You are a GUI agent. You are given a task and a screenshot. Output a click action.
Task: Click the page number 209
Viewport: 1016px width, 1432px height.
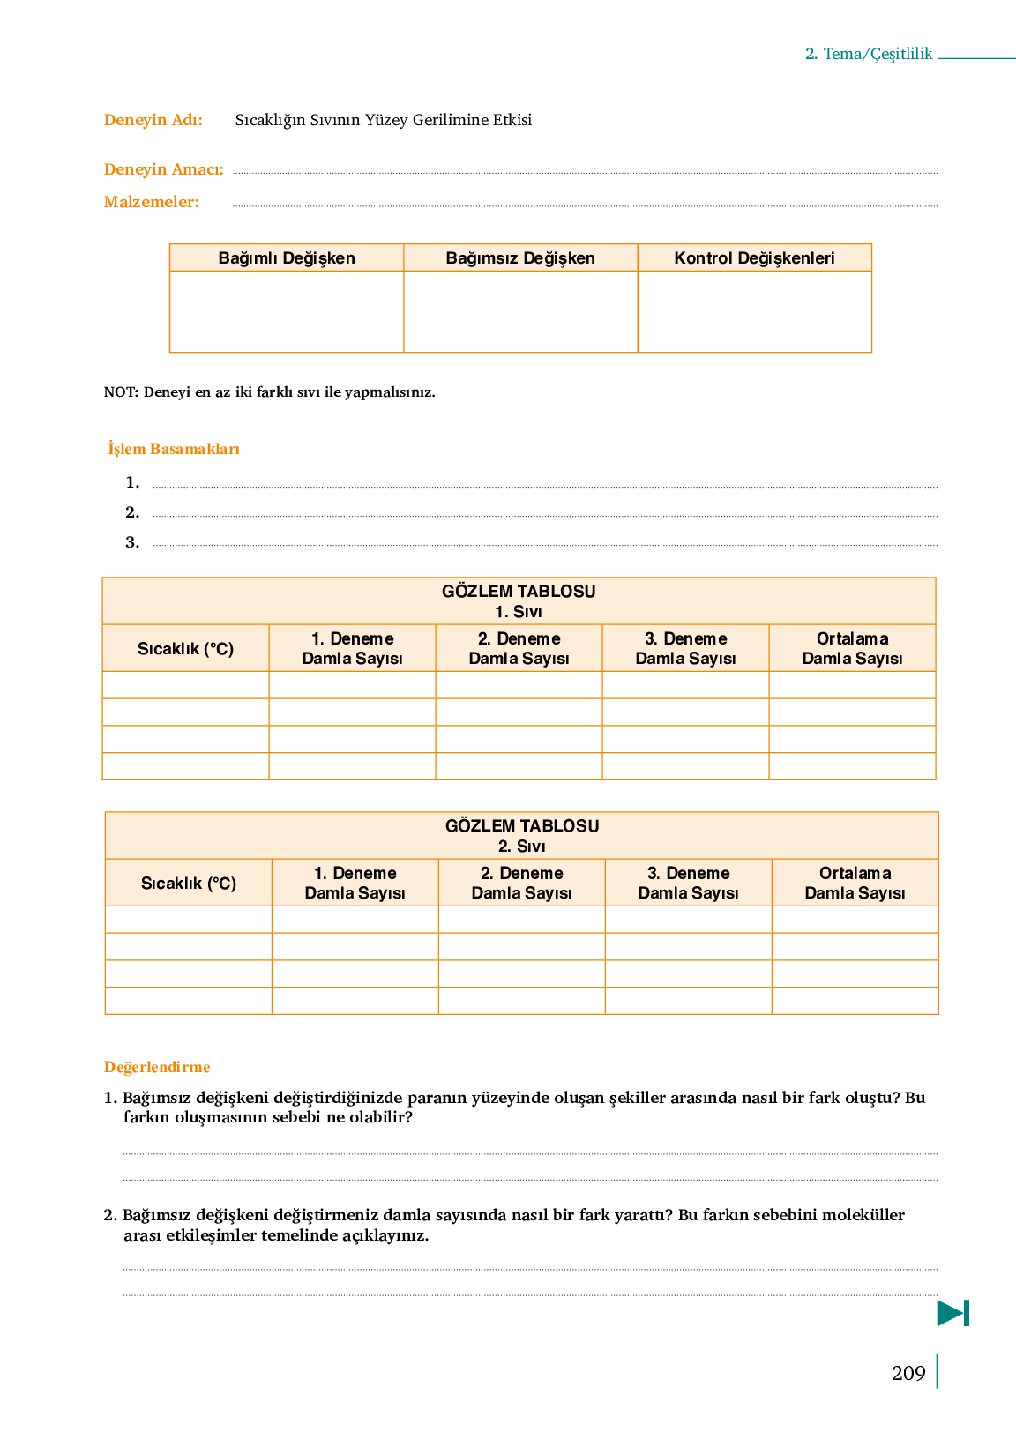pos(908,1373)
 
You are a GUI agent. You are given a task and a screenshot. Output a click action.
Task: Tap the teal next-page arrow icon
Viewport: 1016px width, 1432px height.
pos(952,1313)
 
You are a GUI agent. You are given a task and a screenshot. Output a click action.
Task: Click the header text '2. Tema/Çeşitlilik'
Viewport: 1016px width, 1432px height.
pos(868,54)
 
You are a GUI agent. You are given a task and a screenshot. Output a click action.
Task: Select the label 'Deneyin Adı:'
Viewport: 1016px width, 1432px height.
pos(153,120)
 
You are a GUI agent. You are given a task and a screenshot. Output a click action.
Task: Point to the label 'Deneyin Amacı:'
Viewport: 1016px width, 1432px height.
pos(163,169)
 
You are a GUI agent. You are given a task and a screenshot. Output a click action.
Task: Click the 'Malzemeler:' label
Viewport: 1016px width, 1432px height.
pos(152,202)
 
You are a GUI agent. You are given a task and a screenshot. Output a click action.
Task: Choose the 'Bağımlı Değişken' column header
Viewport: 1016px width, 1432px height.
pos(287,258)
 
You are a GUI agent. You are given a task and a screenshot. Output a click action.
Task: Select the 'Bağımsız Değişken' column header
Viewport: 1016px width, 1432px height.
pos(520,258)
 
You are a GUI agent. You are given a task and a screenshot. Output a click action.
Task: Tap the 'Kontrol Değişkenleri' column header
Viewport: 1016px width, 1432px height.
pos(754,258)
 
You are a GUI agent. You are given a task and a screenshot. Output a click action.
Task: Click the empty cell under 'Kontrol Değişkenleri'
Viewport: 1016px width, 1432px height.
pos(754,311)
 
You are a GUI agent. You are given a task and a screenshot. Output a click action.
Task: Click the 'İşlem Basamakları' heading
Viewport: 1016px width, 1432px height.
pos(174,449)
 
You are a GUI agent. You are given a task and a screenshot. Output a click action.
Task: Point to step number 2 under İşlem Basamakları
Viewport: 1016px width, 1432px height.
pos(132,512)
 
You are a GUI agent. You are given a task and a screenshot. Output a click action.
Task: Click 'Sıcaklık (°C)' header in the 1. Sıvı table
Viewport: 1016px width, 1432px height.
pos(185,649)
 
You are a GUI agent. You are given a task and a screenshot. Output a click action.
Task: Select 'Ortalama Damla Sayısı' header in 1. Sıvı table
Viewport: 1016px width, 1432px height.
pos(852,649)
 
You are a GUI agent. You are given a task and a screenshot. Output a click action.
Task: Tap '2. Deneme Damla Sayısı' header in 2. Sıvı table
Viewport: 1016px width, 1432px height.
pos(521,883)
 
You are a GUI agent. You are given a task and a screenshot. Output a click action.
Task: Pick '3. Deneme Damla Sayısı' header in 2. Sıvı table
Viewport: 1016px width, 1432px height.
pos(688,883)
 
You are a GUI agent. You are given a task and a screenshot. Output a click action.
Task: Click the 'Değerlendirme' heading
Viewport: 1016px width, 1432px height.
pos(157,1067)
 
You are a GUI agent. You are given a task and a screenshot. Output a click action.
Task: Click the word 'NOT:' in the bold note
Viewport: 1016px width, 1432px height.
pos(121,392)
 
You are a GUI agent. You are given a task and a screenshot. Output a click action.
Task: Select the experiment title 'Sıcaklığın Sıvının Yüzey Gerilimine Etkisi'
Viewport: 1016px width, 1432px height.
pos(383,120)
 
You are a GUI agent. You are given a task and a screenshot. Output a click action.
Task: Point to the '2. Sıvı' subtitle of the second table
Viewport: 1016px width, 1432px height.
pos(521,847)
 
